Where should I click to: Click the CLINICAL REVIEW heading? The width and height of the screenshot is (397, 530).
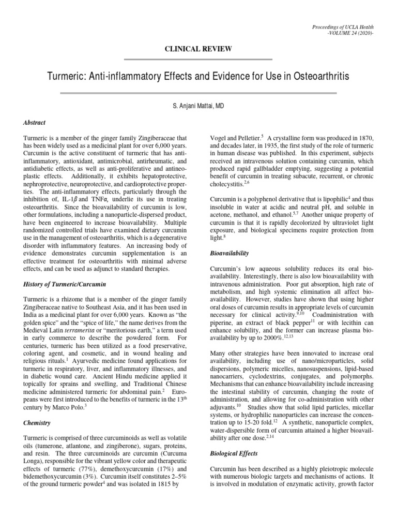198,49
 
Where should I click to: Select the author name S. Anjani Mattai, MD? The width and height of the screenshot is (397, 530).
198,106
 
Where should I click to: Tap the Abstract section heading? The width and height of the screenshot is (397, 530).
35,123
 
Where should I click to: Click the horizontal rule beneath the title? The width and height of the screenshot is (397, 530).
198,93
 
